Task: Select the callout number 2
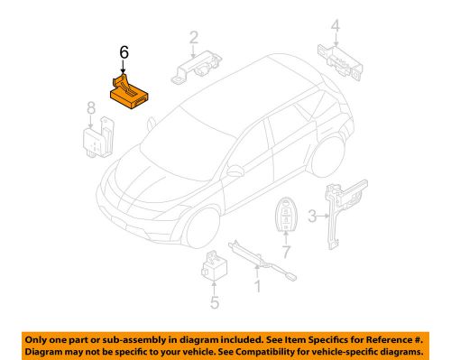click(x=193, y=37)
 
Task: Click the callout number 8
click(x=90, y=111)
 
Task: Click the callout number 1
click(x=256, y=289)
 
